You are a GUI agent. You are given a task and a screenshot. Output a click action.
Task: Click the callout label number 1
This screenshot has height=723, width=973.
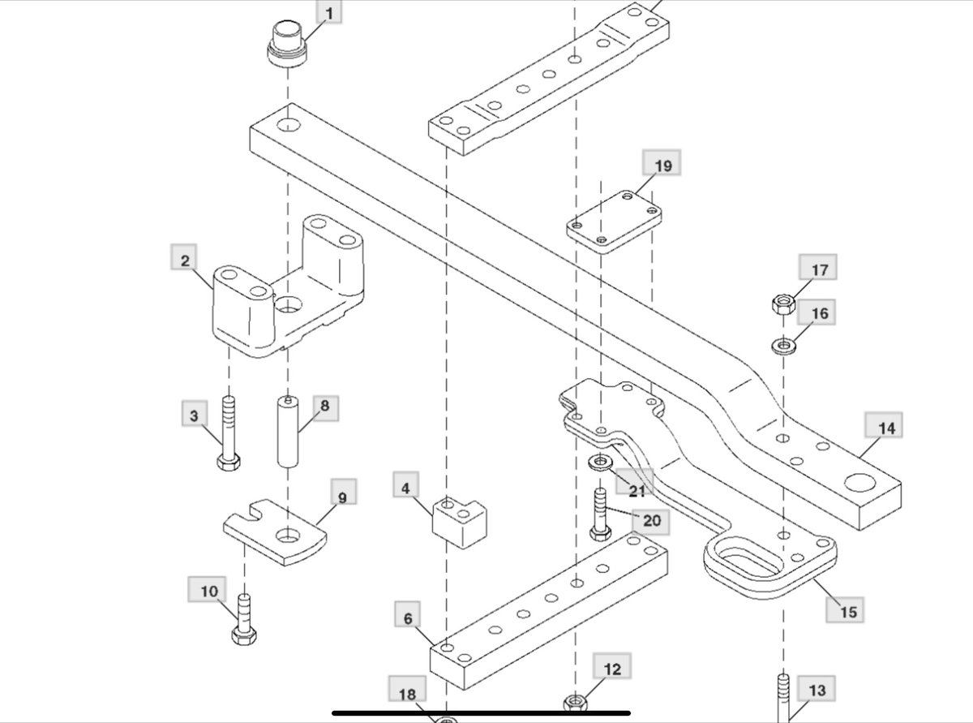click(x=328, y=14)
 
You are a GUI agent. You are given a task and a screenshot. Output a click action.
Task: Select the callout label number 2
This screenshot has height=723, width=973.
click(x=186, y=260)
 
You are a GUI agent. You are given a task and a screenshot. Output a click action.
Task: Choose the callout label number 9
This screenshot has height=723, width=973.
click(x=341, y=497)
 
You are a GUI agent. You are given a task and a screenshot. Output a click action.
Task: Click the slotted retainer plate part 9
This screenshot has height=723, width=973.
click(x=275, y=531)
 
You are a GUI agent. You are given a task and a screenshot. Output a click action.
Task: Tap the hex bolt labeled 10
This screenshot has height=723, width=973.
click(x=244, y=620)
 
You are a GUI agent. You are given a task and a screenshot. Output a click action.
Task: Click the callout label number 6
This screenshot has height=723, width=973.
click(x=408, y=618)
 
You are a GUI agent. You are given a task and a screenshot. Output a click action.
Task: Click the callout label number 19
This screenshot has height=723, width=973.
click(x=662, y=166)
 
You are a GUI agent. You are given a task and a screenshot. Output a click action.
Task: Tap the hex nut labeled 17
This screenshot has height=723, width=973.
click(x=782, y=305)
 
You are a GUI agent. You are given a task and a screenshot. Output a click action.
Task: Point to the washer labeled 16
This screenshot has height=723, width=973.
click(x=783, y=346)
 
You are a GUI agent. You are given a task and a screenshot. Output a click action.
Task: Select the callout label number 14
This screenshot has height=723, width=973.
click(x=887, y=428)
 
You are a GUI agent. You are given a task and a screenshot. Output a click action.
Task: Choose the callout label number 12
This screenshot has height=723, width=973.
click(x=611, y=669)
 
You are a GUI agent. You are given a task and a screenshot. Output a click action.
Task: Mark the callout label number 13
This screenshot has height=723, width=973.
click(x=817, y=690)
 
